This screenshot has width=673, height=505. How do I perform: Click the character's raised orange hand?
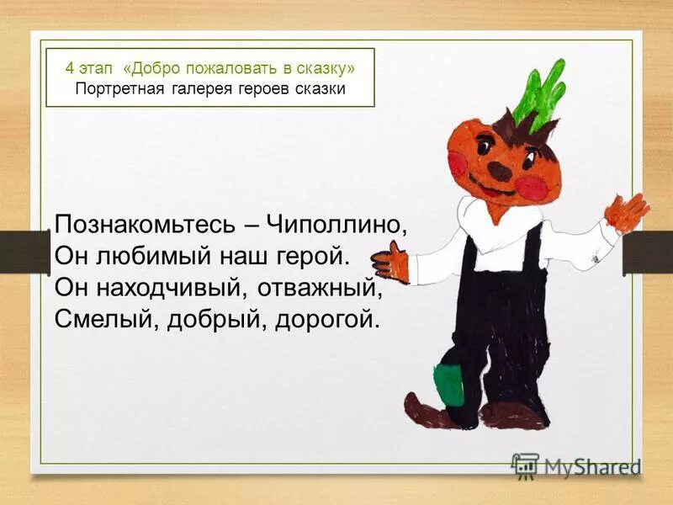click(626, 211)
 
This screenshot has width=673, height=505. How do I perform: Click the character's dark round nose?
click(500, 171)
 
